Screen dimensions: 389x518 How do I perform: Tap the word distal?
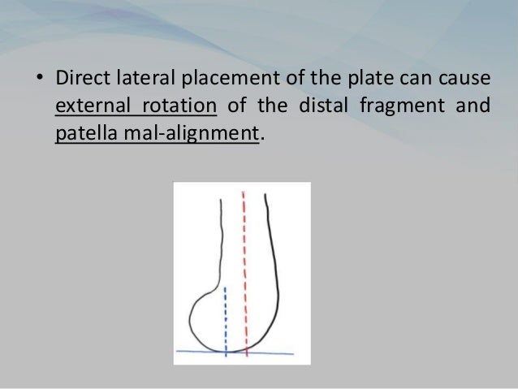coord(330,106)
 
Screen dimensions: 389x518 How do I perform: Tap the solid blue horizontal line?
coord(276,352)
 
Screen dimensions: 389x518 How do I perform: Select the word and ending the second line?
coord(475,106)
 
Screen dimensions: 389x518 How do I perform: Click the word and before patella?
coord(475,106)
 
